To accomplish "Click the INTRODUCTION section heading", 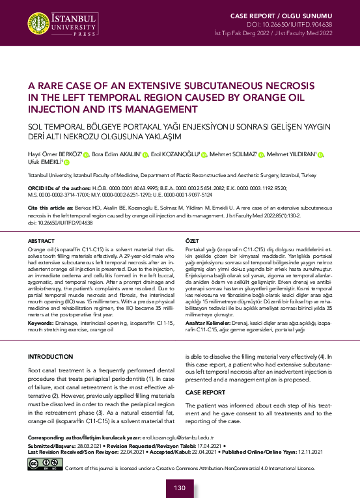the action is coord(51,357).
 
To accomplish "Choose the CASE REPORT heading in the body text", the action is coord(206,393).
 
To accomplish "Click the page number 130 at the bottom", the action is coord(180,488).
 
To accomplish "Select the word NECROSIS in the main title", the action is coord(288,86).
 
